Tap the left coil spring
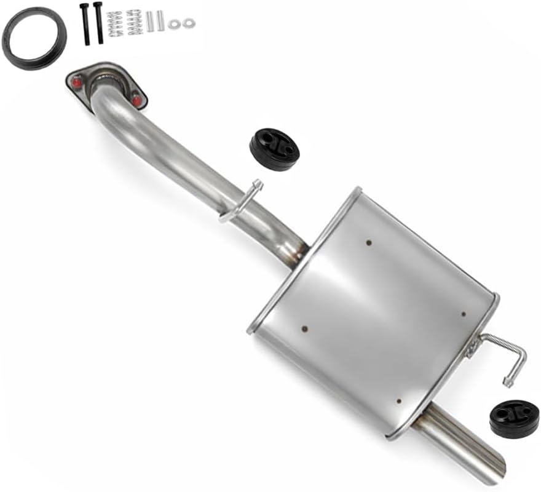[113, 23]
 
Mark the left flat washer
[176, 24]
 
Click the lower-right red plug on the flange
[136, 98]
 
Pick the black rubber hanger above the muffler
[274, 149]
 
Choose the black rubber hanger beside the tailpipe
[514, 419]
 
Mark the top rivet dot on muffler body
[368, 242]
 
